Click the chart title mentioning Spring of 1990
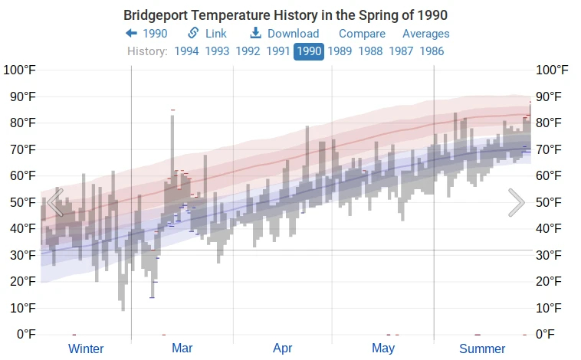(x=285, y=15)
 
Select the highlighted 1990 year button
(x=309, y=51)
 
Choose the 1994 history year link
(x=188, y=51)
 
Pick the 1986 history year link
(x=430, y=51)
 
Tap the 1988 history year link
(x=370, y=51)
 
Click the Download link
(x=284, y=34)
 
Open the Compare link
(x=362, y=34)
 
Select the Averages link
(x=425, y=34)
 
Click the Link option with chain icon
(x=207, y=34)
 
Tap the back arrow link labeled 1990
(x=146, y=34)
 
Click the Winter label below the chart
(x=86, y=349)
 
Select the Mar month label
(x=182, y=349)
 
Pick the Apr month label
(x=282, y=349)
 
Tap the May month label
(x=383, y=349)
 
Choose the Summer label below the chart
(x=482, y=349)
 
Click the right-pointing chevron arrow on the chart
(x=517, y=203)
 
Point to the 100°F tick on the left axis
(x=20, y=70)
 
